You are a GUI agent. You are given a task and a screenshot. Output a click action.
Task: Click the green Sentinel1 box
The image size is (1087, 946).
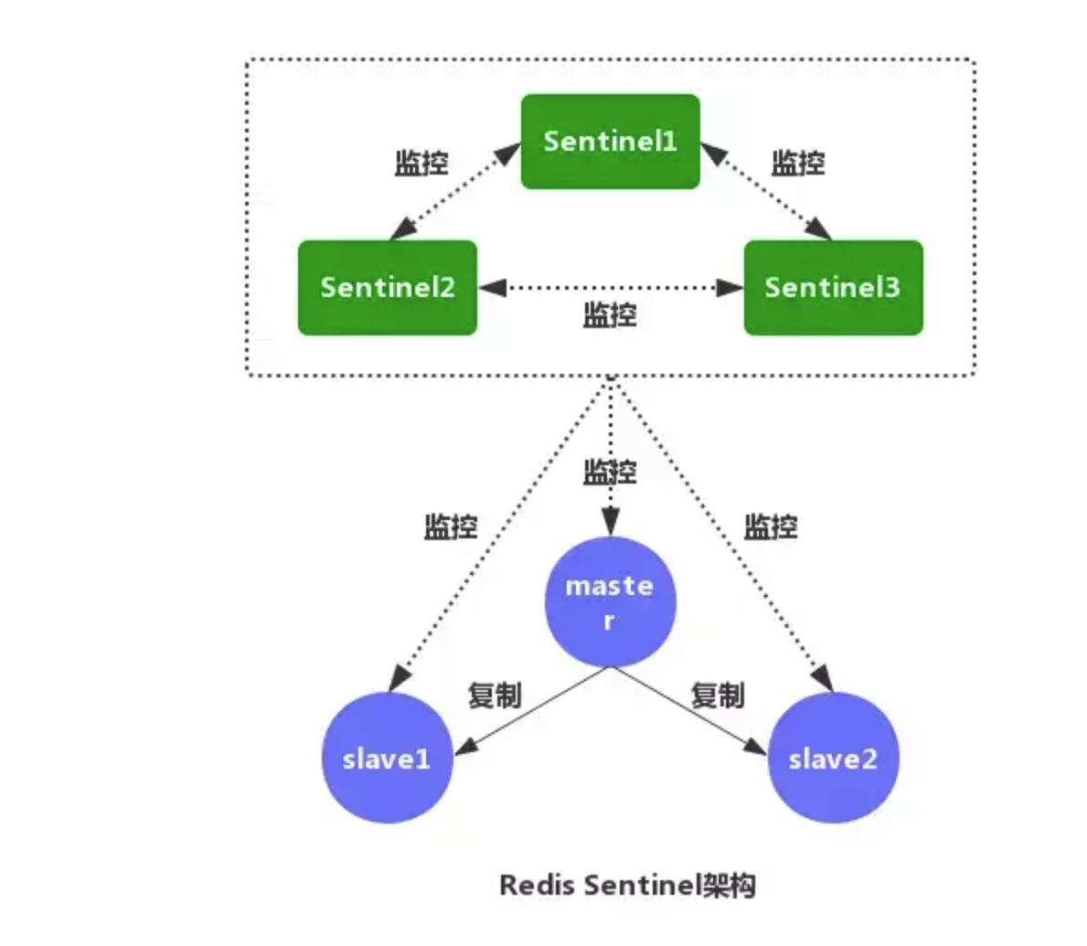click(x=610, y=142)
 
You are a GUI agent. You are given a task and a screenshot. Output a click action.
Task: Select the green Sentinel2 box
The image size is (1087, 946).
click(x=388, y=288)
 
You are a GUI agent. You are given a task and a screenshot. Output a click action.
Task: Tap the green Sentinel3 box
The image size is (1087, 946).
click(x=833, y=288)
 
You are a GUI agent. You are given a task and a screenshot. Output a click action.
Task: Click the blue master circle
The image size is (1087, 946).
click(x=610, y=602)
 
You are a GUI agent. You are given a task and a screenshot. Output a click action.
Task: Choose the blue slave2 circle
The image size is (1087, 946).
click(x=833, y=759)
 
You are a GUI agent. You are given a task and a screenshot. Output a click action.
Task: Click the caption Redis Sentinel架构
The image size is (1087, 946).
click(x=627, y=885)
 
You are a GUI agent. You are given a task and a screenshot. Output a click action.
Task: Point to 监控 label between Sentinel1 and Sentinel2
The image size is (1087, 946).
click(x=421, y=164)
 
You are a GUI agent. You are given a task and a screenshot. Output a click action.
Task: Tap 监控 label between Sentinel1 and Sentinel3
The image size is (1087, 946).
click(x=798, y=164)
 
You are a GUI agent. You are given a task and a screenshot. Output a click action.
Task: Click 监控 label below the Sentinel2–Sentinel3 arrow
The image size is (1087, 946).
click(x=610, y=315)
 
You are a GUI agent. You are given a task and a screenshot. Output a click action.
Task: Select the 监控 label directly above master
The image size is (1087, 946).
click(x=610, y=473)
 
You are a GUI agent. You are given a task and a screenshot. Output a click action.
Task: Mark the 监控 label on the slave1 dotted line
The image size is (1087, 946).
click(x=451, y=527)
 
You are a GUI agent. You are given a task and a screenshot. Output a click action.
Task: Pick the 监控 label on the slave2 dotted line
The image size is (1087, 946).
click(x=771, y=527)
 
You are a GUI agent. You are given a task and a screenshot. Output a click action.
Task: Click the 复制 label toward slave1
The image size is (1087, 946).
click(x=495, y=696)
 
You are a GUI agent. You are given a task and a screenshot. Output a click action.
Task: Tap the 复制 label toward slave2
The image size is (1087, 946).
click(x=718, y=696)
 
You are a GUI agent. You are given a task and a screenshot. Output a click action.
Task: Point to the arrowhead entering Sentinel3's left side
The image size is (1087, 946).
click(x=730, y=288)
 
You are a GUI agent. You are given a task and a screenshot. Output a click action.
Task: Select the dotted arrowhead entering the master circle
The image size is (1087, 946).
click(x=610, y=525)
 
